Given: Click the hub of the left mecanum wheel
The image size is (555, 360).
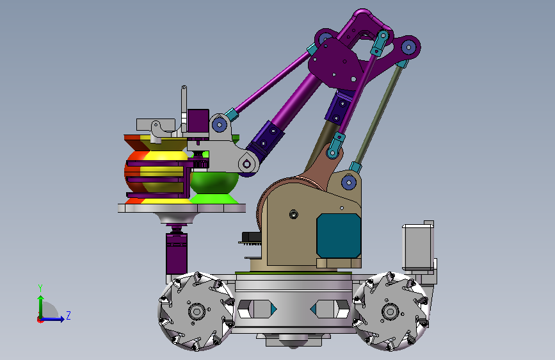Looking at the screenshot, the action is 197,312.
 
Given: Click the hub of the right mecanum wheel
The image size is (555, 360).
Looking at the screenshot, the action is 390,312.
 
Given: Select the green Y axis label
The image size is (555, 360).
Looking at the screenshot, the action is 40,288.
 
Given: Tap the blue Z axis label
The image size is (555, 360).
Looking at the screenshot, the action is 68,315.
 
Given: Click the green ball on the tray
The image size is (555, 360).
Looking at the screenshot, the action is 214,181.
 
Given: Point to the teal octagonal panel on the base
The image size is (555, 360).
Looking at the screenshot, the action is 339,236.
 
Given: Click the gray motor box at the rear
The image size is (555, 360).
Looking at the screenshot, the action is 418,247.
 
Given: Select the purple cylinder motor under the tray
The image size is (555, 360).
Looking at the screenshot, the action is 177,253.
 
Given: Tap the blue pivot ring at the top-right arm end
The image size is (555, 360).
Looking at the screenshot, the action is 409,47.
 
